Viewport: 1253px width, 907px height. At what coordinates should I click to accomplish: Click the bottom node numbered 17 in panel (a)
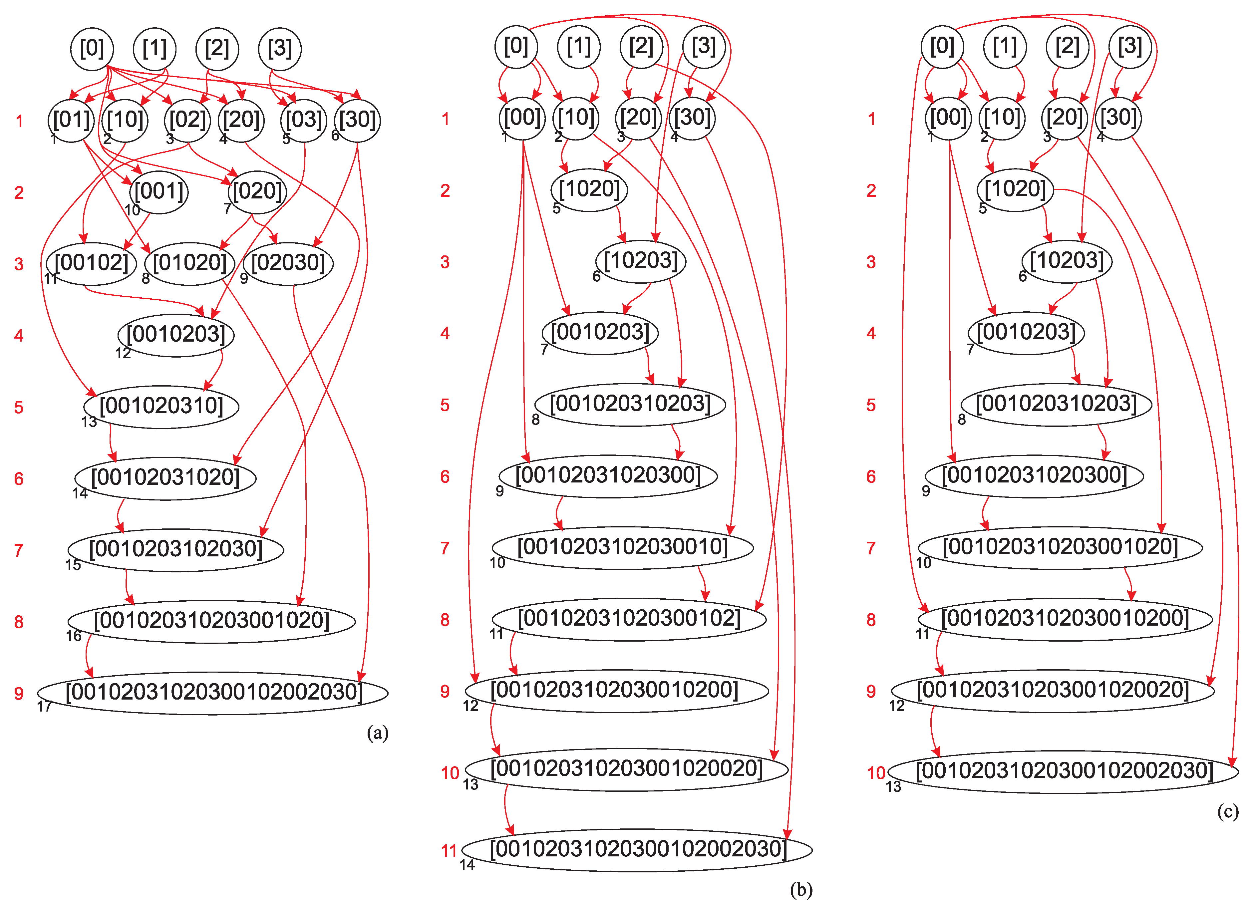pos(213,693)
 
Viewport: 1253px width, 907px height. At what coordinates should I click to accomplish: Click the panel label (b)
pos(801,889)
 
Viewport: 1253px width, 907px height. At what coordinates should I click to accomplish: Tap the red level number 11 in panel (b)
pos(449,851)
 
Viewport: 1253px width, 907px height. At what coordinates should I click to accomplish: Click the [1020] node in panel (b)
pos(589,189)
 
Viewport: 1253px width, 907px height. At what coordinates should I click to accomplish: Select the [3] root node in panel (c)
pos(1130,46)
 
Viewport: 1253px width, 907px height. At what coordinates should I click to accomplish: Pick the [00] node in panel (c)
pos(948,118)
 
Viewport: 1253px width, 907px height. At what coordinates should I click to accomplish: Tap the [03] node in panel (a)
pos(303,120)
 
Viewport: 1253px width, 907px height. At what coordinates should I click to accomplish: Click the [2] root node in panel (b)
pos(641,46)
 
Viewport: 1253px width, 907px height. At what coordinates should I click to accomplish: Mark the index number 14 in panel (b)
pos(468,865)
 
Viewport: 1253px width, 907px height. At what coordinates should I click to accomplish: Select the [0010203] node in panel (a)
pos(176,335)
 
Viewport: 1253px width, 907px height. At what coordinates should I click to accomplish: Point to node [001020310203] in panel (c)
pos(1056,404)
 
